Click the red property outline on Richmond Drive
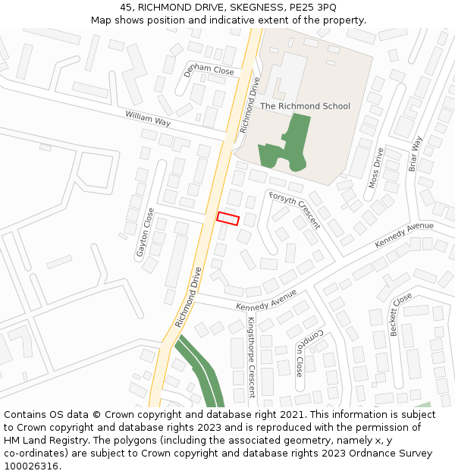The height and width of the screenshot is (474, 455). (x=227, y=218)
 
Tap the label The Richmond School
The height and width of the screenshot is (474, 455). (x=305, y=106)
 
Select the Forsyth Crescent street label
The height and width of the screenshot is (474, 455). (x=294, y=209)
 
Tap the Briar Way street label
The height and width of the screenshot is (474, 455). (x=416, y=154)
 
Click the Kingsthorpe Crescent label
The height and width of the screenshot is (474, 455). (x=251, y=356)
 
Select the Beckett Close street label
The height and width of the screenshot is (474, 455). (x=400, y=314)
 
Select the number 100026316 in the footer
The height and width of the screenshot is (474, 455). (x=30, y=466)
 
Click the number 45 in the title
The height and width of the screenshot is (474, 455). (x=126, y=7)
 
